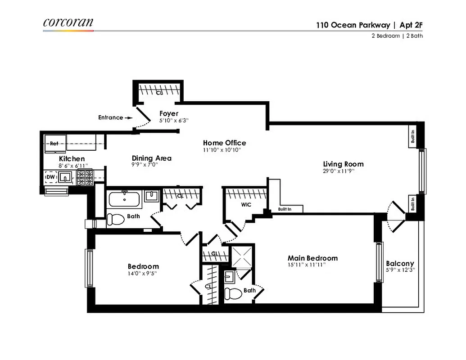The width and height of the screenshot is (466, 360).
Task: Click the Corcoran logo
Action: tap(68, 23)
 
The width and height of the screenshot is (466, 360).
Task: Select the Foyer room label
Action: tap(169, 114)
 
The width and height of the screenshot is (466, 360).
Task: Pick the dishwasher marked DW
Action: tap(50, 178)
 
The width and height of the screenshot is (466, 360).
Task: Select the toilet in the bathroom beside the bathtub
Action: tap(116, 220)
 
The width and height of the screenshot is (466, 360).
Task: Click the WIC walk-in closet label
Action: tap(246, 205)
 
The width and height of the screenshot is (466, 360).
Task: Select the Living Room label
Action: tap(343, 164)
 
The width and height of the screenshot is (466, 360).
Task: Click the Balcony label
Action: tap(400, 264)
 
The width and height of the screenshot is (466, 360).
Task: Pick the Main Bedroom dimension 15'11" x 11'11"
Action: tap(306, 265)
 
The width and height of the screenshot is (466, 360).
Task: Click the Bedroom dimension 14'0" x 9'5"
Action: tap(143, 273)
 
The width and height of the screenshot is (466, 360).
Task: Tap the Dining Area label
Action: tap(151, 158)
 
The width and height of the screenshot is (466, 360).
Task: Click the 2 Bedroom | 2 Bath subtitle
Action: tap(397, 36)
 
